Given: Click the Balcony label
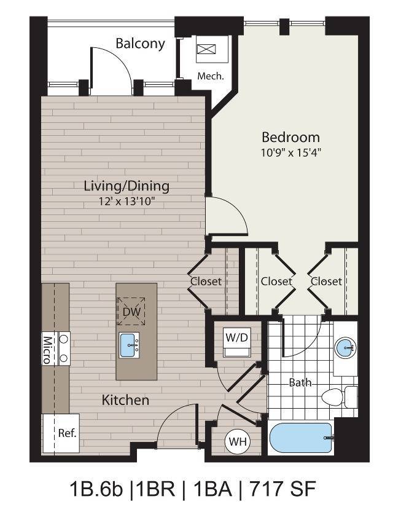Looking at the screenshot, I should coord(140,44).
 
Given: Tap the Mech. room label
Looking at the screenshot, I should coord(209,76).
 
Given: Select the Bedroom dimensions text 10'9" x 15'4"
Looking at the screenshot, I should coord(290,151).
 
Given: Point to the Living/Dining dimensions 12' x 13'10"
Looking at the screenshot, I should coord(126,201).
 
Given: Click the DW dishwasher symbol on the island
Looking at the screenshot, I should coord(131,312).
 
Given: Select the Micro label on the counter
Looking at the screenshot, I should coord(47,349).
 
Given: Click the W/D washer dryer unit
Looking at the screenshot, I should coord(236,343).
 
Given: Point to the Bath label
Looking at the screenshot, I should coord(300,382).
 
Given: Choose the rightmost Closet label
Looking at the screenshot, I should coord(326,281).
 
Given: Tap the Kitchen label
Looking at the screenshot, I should coord(125,400).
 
